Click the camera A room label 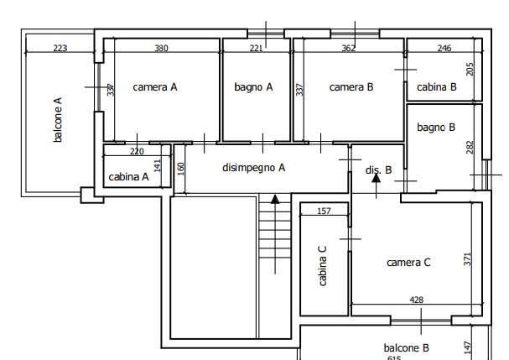[x=155, y=87]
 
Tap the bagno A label [x=253, y=87]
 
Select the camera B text [x=351, y=87]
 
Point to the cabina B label [x=437, y=87]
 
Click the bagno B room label [x=436, y=128]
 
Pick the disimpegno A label [x=253, y=168]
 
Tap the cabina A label [x=128, y=177]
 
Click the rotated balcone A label [x=58, y=119]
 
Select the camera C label [x=408, y=262]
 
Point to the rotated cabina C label [x=322, y=266]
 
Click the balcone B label [x=406, y=348]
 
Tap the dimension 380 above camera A [x=161, y=48]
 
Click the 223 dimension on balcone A [x=60, y=48]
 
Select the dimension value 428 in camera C [x=416, y=300]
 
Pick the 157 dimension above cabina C [x=324, y=211]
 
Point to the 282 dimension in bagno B [x=470, y=147]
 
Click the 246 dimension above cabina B [x=444, y=48]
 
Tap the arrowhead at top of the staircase [x=275, y=199]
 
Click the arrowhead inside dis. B [x=376, y=178]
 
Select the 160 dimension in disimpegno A [x=181, y=169]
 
